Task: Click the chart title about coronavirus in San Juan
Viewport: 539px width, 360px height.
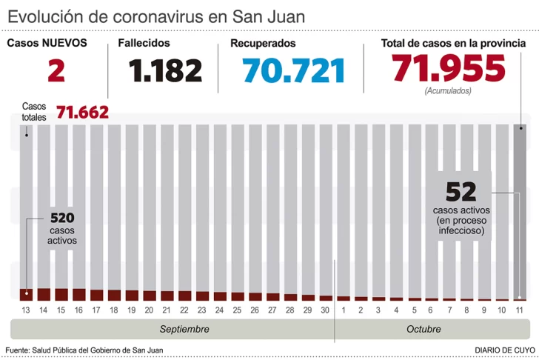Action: pyautogui.click(x=156, y=16)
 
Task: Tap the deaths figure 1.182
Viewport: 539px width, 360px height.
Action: pyautogui.click(x=165, y=71)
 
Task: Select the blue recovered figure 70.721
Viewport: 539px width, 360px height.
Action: pyautogui.click(x=294, y=71)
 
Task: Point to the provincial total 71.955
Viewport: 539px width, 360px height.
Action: pyautogui.click(x=449, y=69)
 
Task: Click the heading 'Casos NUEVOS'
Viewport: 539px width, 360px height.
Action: pyautogui.click(x=47, y=43)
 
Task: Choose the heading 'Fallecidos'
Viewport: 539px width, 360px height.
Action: pyautogui.click(x=144, y=43)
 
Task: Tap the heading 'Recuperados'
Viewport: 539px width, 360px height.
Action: pyautogui.click(x=263, y=43)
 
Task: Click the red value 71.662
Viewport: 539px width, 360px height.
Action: pyautogui.click(x=83, y=113)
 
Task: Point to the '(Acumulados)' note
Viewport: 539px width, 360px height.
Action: pyautogui.click(x=449, y=90)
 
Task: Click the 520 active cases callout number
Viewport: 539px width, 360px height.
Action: pyautogui.click(x=62, y=218)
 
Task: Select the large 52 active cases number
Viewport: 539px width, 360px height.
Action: pyautogui.click(x=461, y=192)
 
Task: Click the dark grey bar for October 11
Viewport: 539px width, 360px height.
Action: pyautogui.click(x=520, y=207)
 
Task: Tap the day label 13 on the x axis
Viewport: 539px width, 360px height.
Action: pyautogui.click(x=26, y=310)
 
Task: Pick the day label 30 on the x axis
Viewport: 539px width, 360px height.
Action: pyautogui.click(x=325, y=310)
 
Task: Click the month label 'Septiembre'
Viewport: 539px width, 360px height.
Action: pyautogui.click(x=184, y=329)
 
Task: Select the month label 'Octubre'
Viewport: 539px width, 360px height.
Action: pyautogui.click(x=423, y=329)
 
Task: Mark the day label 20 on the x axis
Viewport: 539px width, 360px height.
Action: pyautogui.click(x=149, y=310)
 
